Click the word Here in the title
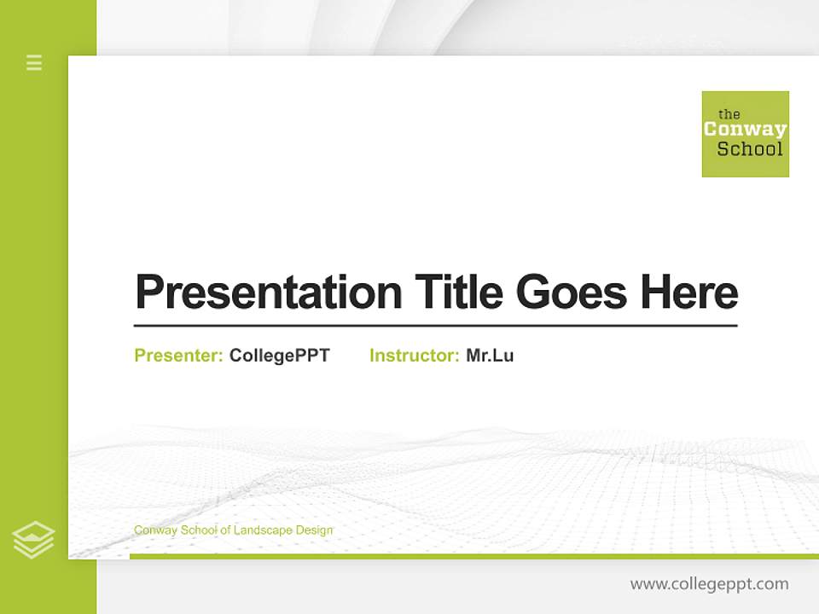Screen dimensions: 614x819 (x=688, y=293)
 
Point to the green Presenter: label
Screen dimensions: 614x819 (x=178, y=356)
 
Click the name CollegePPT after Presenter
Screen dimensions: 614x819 (x=279, y=356)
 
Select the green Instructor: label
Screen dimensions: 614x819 (x=414, y=356)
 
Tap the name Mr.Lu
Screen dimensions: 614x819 (x=490, y=356)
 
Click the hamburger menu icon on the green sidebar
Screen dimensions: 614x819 (x=34, y=62)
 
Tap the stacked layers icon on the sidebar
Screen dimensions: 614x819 (x=33, y=540)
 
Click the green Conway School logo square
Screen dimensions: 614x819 (x=745, y=134)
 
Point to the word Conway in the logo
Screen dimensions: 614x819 (x=745, y=130)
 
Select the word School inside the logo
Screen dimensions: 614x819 (x=749, y=149)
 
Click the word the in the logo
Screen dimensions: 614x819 (x=729, y=114)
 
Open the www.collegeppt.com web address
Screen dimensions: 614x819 (x=709, y=584)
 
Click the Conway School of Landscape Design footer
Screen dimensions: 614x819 (x=233, y=530)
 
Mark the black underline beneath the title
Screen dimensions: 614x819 (x=435, y=326)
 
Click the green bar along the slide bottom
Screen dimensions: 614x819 (x=473, y=556)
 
